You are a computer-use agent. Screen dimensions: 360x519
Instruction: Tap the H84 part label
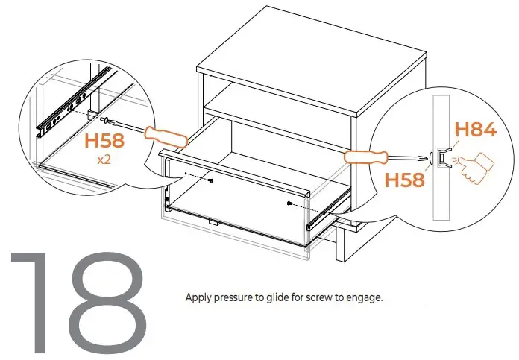click(x=475, y=129)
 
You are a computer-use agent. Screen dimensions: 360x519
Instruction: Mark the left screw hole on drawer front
click(x=213, y=180)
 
